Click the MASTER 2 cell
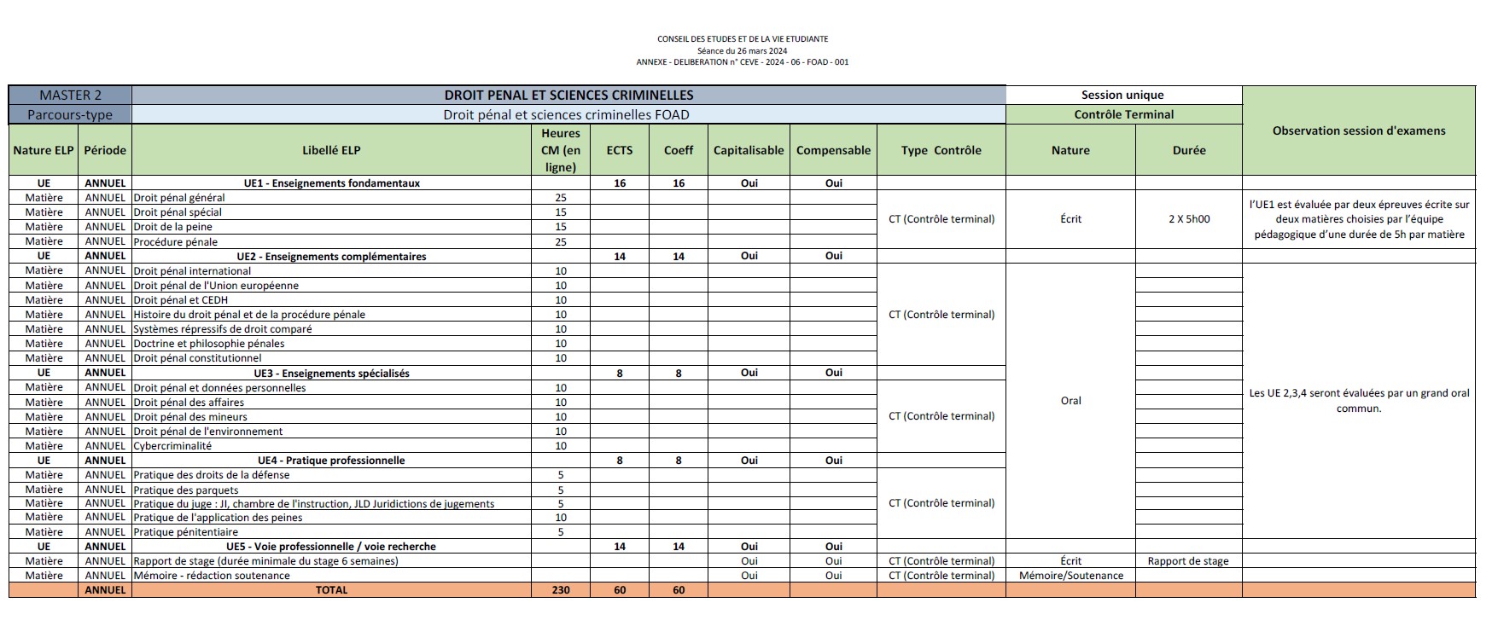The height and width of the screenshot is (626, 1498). pyautogui.click(x=70, y=96)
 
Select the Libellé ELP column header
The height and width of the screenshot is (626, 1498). pyautogui.click(x=331, y=150)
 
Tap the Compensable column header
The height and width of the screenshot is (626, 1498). pyautogui.click(x=833, y=150)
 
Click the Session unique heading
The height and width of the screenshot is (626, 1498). pyautogui.click(x=1122, y=96)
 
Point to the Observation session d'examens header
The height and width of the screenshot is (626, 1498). pyautogui.click(x=1359, y=130)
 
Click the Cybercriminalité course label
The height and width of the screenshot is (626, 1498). pyautogui.click(x=172, y=446)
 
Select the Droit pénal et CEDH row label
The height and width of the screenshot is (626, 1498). pyautogui.click(x=180, y=300)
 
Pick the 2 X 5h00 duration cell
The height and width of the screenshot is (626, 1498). pyautogui.click(x=1189, y=219)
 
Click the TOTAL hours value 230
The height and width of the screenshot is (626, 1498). pyautogui.click(x=561, y=590)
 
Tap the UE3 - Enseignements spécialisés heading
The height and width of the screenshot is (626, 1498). pyautogui.click(x=331, y=374)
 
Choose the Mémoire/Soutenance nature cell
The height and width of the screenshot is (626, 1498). pyautogui.click(x=1070, y=576)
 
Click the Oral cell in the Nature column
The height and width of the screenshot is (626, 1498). pyautogui.click(x=1070, y=401)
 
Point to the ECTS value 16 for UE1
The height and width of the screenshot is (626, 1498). pyautogui.click(x=620, y=183)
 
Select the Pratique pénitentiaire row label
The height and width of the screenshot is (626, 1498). pyautogui.click(x=185, y=532)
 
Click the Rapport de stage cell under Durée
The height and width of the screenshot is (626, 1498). pyautogui.click(x=1188, y=561)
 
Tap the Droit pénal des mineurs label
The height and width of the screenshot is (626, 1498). pyautogui.click(x=190, y=417)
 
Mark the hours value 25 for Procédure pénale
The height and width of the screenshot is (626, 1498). pyautogui.click(x=561, y=242)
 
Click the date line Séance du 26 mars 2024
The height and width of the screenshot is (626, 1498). pyautogui.click(x=742, y=50)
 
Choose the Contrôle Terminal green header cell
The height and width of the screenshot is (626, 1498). pyautogui.click(x=1123, y=114)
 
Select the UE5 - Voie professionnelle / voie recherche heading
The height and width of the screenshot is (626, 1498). pyautogui.click(x=331, y=547)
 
